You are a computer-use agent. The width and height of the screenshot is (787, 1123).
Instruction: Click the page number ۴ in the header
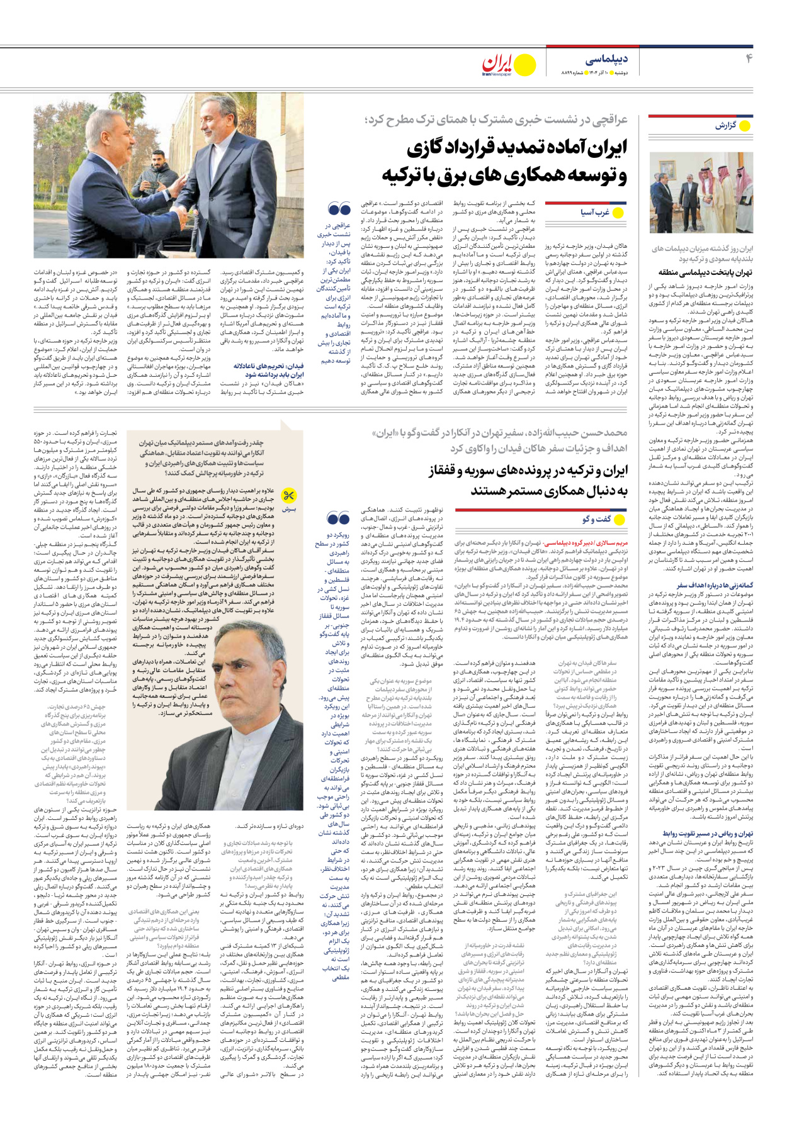tap(749, 59)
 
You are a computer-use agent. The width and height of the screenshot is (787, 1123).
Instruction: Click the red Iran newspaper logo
tap(497, 65)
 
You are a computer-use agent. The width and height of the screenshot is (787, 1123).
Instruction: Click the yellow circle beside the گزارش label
tap(745, 126)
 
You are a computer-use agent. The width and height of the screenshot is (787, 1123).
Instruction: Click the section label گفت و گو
tap(597, 519)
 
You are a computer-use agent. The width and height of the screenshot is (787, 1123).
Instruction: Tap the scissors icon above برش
tap(289, 496)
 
